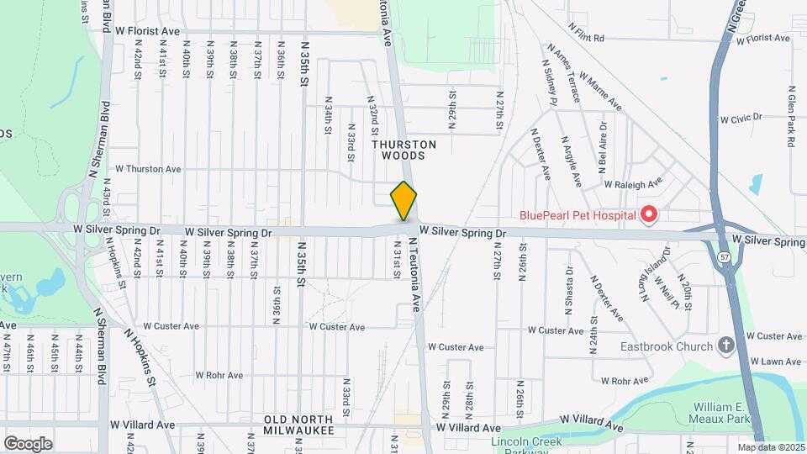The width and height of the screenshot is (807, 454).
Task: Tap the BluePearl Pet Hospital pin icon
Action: [648, 215]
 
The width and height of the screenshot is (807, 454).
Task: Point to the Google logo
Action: [28, 443]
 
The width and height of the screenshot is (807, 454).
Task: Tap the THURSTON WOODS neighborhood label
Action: [403, 150]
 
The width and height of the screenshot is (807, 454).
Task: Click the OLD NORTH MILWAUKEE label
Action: [298, 425]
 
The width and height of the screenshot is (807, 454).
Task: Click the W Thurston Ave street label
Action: [148, 169]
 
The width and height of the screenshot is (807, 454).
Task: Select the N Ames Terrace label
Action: [563, 73]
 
